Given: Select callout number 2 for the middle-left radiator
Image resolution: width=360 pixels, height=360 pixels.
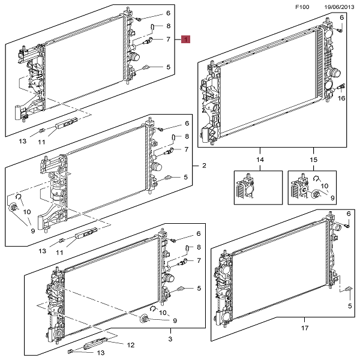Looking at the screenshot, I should click(203, 166).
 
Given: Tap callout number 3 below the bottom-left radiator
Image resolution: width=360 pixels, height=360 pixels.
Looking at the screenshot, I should click(170, 339).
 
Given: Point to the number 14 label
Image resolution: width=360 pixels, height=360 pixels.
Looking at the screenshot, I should click(260, 160).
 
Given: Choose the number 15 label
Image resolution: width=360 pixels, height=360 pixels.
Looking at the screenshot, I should click(313, 160).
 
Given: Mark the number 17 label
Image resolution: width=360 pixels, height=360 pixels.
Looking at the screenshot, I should click(305, 328).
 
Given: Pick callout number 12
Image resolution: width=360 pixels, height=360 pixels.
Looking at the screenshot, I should click(131, 344).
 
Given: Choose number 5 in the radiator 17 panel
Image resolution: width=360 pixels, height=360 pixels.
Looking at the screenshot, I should click(350, 307).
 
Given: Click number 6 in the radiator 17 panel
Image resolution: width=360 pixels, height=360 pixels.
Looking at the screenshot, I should click(349, 214).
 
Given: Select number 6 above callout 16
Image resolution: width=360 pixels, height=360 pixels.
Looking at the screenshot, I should click(341, 17).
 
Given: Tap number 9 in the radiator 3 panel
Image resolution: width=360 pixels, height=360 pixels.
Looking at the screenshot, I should click(175, 321).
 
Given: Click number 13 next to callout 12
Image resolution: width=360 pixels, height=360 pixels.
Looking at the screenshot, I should click(101, 353).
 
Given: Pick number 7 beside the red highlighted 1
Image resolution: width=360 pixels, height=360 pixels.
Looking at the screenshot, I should click(169, 40).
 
